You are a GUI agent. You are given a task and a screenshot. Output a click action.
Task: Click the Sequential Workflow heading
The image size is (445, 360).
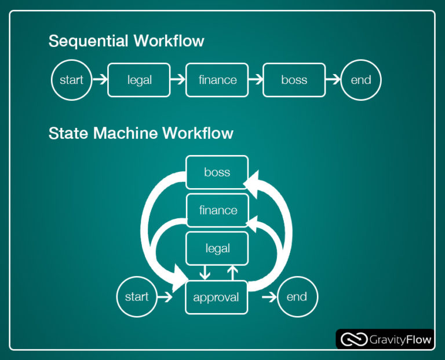pos(126,41)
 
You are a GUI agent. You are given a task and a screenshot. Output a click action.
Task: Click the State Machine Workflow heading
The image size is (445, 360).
pos(141,133)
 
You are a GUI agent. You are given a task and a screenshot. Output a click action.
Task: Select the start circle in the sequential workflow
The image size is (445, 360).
pos(71,80)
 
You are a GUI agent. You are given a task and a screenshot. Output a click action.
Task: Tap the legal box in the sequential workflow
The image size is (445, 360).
pos(139,80)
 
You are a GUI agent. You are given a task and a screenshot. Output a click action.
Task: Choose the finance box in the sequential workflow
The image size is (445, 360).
pos(217,80)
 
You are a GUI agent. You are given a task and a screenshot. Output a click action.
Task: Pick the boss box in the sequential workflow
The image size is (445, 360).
pos(294,80)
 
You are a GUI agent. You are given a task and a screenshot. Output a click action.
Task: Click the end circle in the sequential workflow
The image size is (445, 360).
pos(360,80)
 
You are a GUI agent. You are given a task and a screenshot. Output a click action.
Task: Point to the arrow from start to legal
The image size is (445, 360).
pos(100,80)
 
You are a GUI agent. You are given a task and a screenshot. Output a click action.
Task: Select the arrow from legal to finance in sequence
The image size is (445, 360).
pos(178,80)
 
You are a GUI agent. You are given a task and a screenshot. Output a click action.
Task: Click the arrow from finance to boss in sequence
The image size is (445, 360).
pos(255,80)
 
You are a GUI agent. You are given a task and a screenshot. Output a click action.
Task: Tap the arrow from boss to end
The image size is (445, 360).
pos(333,80)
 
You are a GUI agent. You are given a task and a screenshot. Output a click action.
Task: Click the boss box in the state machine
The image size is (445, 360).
pos(217,172)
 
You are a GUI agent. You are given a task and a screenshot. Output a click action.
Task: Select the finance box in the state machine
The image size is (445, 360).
pos(217,210)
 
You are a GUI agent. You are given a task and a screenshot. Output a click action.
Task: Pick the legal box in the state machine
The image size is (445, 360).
pos(217,248)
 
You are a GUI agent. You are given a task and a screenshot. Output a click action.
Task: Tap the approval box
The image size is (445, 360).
pos(216,297)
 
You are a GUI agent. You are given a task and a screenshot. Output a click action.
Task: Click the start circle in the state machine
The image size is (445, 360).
pos(137,297)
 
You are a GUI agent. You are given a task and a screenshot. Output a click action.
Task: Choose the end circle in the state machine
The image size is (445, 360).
pos(297,297)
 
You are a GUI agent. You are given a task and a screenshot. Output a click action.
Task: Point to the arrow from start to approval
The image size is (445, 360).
pos(165,297)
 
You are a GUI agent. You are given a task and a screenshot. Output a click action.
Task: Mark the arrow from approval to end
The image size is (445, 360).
pos(268,297)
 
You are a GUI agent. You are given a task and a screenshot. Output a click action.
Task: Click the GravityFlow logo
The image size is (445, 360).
pos(385,339)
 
